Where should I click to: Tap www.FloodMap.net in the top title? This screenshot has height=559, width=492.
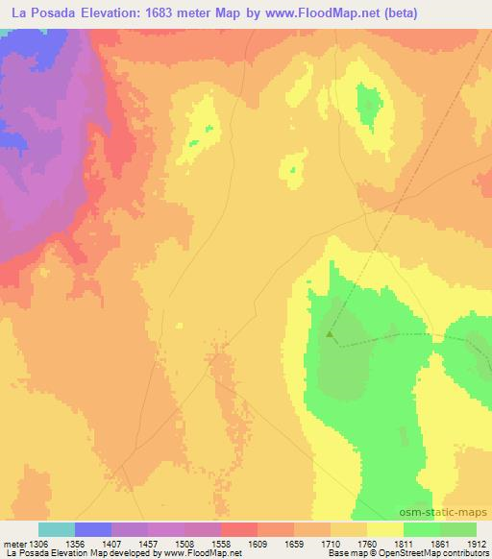336,13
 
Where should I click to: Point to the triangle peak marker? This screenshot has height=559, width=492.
331,335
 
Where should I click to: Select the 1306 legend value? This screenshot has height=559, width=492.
37,544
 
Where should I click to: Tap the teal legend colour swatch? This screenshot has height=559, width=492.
56,529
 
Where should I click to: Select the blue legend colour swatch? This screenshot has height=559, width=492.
92,529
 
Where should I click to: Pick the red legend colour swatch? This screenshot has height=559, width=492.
238,529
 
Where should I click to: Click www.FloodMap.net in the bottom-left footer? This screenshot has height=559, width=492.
193,554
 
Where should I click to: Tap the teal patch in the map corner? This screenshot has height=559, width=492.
8,33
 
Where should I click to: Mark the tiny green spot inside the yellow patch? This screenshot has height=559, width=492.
195,143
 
